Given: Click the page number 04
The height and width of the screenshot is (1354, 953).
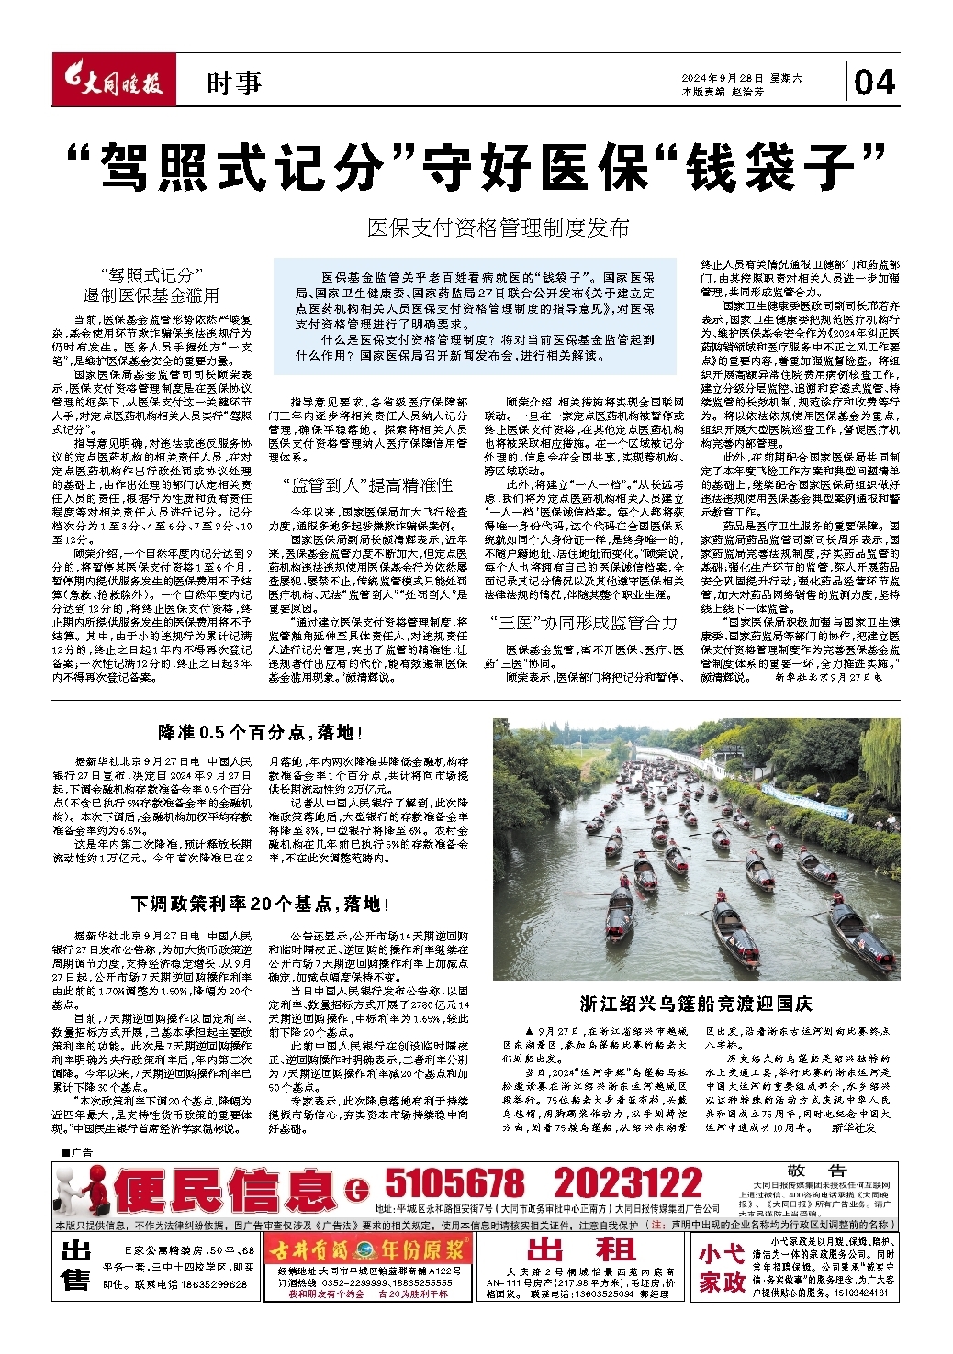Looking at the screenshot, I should pos(874,83).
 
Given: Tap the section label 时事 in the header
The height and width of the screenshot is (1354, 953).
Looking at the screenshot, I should pos(234,83).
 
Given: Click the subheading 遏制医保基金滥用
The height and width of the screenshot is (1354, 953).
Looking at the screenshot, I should pos(151,295).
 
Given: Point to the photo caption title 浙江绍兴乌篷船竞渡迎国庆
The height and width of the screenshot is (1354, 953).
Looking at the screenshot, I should pos(696,1003).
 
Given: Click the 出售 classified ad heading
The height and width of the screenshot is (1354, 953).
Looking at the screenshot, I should pos(76,1265).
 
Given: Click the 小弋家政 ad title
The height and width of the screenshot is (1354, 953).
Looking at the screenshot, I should pos(722,1268).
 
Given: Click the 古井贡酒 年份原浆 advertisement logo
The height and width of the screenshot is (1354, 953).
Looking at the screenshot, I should pos(368,1249).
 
